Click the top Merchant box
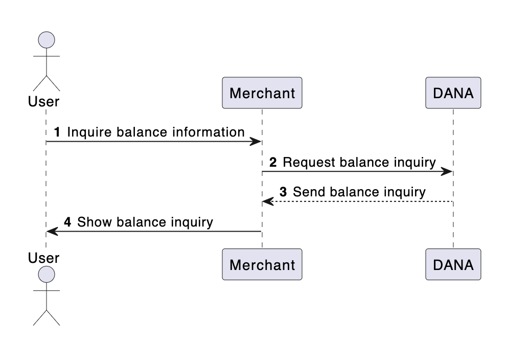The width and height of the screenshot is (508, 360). coord(262,93)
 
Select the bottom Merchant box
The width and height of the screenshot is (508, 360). coord(262,264)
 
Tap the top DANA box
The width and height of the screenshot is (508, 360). coord(453,93)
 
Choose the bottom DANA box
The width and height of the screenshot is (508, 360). coord(453,264)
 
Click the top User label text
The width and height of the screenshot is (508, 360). coord(43,101)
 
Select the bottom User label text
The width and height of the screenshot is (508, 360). coord(43,258)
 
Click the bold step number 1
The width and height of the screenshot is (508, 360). coord(57,132)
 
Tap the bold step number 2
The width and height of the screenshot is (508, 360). coord(273,163)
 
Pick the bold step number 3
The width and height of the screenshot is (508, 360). coord(283,192)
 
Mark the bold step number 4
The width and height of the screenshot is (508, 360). coord(67,222)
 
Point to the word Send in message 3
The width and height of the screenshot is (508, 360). coord(309,192)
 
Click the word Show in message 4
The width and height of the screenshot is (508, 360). coord(95,222)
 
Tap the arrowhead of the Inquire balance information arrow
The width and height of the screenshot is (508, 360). coord(257,142)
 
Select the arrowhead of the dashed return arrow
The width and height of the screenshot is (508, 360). coord(267,201)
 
